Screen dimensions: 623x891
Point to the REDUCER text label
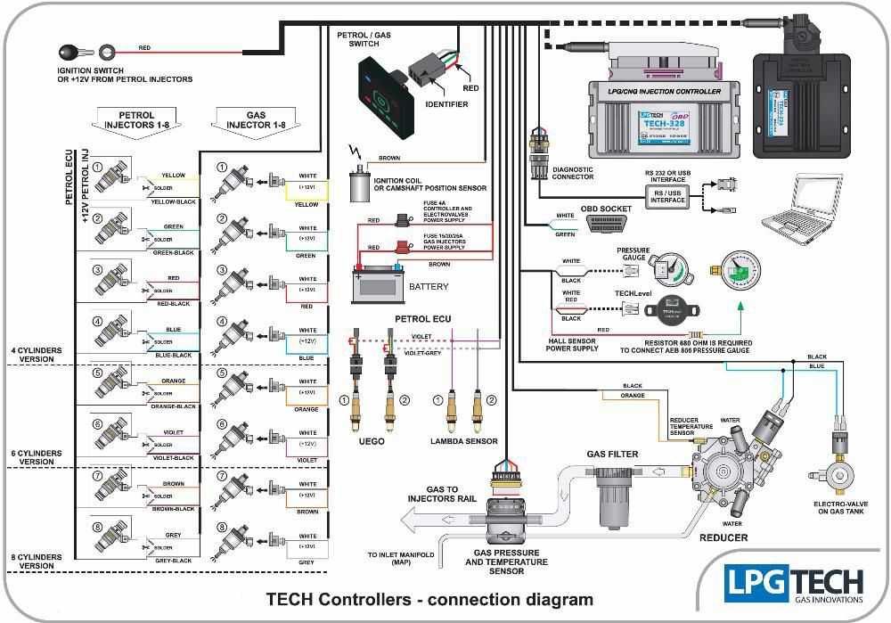723,537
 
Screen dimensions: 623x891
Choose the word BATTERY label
429,287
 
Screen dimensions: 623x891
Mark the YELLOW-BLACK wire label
173,201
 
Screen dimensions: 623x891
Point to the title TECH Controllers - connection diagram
429,599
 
